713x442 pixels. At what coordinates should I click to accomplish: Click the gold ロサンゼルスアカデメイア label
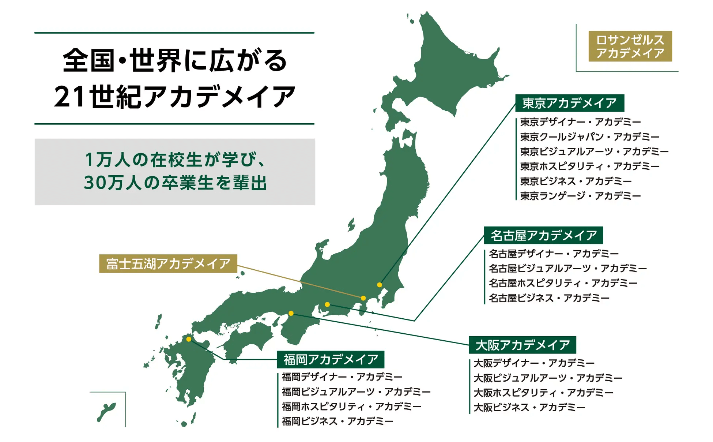tap(630, 46)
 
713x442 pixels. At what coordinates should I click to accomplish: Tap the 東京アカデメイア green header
tap(569, 103)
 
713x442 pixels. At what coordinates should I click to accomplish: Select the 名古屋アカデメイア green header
tap(543, 235)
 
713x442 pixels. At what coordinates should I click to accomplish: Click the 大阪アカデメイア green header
tap(522, 345)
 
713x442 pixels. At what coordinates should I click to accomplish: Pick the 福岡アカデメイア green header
tap(331, 359)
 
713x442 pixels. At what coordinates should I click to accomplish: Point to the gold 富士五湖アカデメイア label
tap(168, 263)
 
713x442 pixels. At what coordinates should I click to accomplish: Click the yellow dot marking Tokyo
tap(380, 285)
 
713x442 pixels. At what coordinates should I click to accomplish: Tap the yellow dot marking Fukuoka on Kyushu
tap(189, 339)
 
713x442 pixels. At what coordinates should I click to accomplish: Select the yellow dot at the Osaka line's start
tap(291, 313)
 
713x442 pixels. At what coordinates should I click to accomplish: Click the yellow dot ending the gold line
tap(363, 298)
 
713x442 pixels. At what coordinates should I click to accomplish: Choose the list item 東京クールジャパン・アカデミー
tap(589, 137)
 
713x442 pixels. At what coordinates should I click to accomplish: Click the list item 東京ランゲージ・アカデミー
tap(580, 196)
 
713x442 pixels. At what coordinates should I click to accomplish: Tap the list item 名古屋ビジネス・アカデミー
tap(549, 298)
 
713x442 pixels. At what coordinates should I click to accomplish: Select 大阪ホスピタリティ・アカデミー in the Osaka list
tap(543, 393)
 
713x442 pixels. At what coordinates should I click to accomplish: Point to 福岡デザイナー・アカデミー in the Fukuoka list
tap(342, 377)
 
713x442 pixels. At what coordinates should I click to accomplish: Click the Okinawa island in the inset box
tap(106, 411)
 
